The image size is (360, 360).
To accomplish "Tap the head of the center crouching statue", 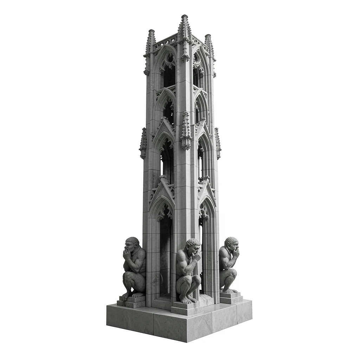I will [193, 245].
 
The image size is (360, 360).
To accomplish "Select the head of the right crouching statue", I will [231, 243].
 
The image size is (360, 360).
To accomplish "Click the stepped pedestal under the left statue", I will [132, 301].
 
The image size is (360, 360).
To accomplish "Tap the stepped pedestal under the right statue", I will [231, 297].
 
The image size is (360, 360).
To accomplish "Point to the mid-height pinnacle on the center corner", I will [186, 130].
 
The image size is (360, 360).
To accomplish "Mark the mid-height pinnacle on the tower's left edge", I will [143, 143].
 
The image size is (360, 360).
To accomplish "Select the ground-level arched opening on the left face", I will [165, 253].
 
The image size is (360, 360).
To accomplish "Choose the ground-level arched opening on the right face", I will [204, 253].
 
